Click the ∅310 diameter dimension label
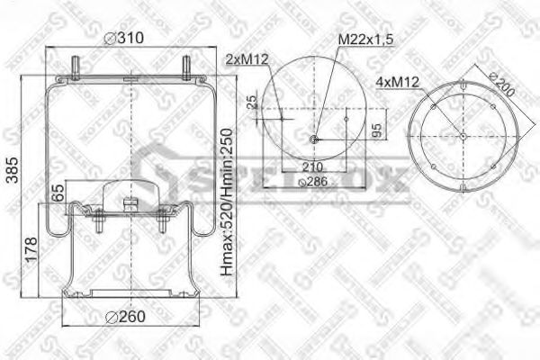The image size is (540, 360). click(x=124, y=38)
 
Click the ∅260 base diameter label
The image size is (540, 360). click(x=123, y=316)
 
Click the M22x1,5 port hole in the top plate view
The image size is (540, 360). click(x=312, y=139)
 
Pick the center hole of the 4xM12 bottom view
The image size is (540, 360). click(x=463, y=136)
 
